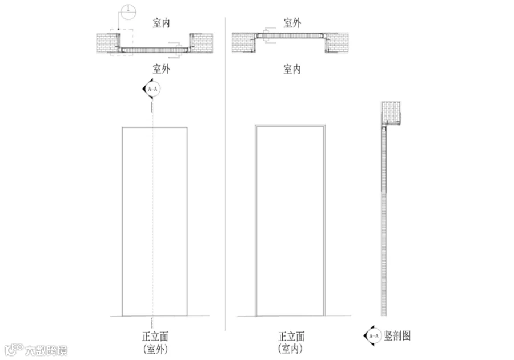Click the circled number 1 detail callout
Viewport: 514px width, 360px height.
pos(128,11)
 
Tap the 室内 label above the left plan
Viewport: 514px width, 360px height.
pos(161,23)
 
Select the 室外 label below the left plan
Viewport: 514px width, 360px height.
pos(161,69)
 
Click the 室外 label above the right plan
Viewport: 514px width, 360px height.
pos(292,23)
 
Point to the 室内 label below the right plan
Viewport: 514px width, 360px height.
pos(292,69)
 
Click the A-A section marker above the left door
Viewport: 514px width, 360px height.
pos(152,89)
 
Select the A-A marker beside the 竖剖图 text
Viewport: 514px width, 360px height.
pos(373,336)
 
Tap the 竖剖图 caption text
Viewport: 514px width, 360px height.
pos(397,336)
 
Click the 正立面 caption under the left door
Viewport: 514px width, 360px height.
pos(155,337)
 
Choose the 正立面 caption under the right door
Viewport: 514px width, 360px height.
pos(291,337)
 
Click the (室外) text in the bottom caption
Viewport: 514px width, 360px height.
pos(155,349)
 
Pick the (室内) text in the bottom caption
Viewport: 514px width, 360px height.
pos(291,349)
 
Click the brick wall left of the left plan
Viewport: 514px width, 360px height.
pos(107,43)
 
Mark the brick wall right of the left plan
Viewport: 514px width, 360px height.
pos(201,43)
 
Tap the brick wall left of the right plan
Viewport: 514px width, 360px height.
pos(244,43)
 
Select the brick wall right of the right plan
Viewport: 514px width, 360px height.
pos(336,43)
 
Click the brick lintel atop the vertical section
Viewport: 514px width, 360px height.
pos(391,113)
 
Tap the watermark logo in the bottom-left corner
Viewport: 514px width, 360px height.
pos(14,350)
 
